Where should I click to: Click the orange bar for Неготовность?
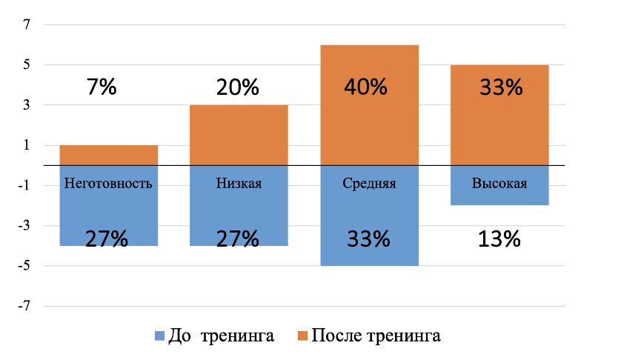[x=108, y=156]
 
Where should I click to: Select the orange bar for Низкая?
[x=239, y=135]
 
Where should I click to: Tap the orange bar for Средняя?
[x=370, y=105]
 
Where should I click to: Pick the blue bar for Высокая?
[x=499, y=185]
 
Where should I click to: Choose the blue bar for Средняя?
[x=370, y=216]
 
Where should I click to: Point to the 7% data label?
[x=102, y=87]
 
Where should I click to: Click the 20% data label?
[x=238, y=87]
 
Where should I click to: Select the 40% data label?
[x=365, y=87]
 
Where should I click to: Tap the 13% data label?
[x=499, y=239]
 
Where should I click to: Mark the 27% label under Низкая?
[x=238, y=239]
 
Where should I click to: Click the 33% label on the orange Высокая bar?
[x=502, y=87]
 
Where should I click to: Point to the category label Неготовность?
[x=108, y=184]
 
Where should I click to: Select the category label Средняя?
[x=369, y=184]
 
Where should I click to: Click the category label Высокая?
[x=499, y=184]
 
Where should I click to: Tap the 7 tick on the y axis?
[x=26, y=24]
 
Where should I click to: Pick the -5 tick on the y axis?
[x=24, y=265]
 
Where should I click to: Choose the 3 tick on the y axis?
[x=26, y=105]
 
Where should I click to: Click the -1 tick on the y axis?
[x=24, y=185]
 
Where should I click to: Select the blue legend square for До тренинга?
[x=159, y=336]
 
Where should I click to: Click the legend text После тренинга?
[x=376, y=336]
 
